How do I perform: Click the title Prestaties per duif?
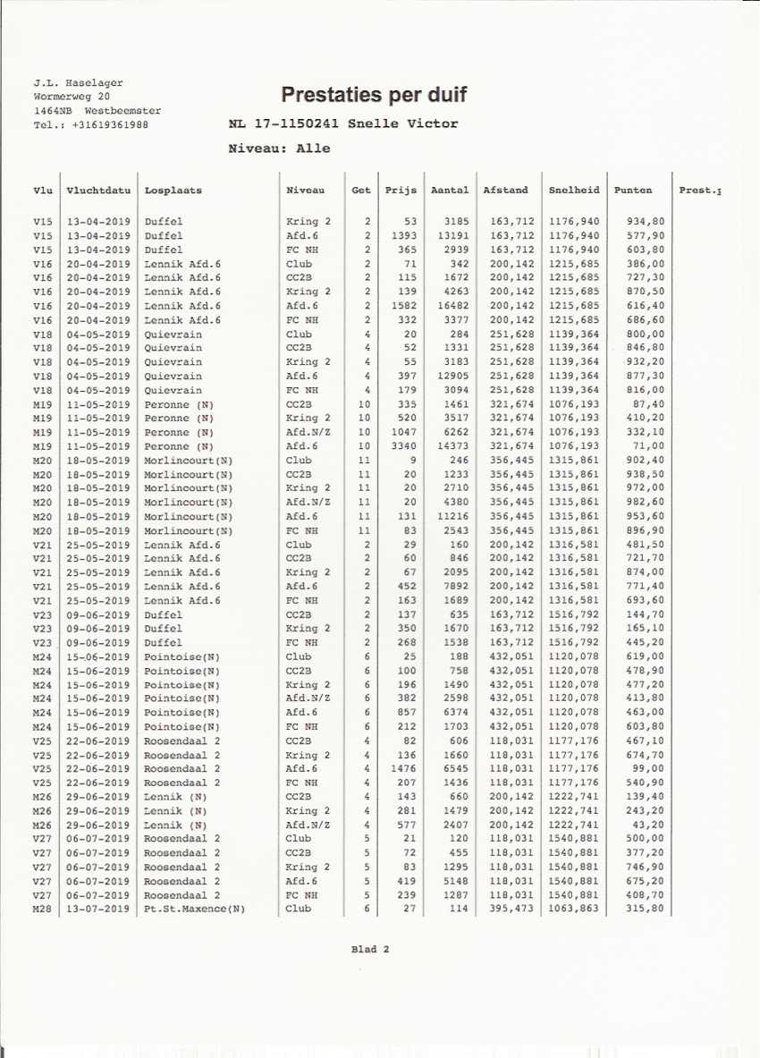tap(373, 95)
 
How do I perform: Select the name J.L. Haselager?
tap(78, 83)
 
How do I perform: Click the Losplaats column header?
tap(173, 190)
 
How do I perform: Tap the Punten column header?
tap(633, 190)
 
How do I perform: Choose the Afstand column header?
tap(505, 190)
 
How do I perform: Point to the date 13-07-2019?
tap(98, 910)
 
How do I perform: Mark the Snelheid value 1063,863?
tap(574, 910)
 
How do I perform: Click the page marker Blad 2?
tap(370, 950)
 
